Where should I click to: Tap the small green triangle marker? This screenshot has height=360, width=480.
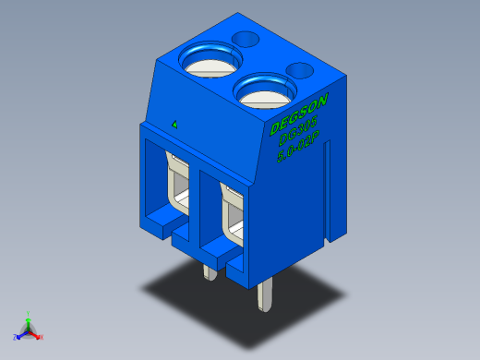[x=174, y=123]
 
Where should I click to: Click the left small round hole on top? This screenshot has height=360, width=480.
[x=246, y=39]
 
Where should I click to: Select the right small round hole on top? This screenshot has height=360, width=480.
[x=300, y=69]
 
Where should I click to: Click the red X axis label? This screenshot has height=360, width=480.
[x=42, y=337]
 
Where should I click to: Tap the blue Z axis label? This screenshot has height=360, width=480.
[x=15, y=336]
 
